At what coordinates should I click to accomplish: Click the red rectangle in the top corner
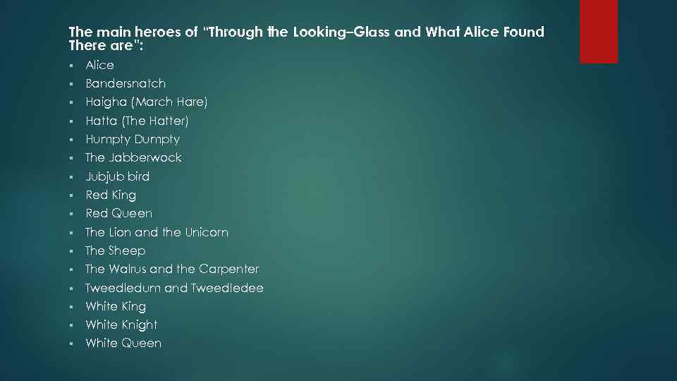[598, 31]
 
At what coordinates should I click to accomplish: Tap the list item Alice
[99, 65]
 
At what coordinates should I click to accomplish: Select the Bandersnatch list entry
[126, 83]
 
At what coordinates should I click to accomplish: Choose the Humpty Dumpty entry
[133, 139]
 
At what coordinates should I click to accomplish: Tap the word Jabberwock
[145, 157]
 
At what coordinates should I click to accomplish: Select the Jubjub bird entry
[117, 176]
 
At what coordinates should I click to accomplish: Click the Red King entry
[111, 195]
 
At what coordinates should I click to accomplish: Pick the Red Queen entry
[118, 213]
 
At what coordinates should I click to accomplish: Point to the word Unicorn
[207, 232]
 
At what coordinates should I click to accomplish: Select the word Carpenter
[229, 269]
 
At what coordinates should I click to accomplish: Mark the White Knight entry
[121, 325]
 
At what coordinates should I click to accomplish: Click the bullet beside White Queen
[72, 344]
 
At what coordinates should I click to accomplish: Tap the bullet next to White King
[72, 307]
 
